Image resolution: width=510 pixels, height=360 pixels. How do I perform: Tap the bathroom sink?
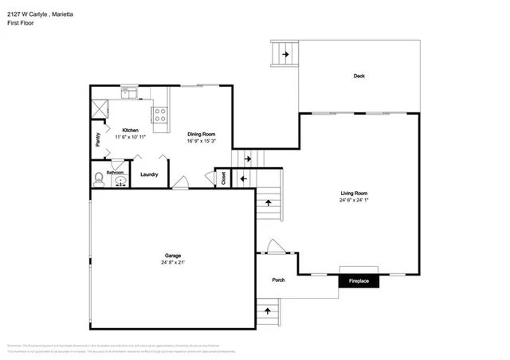click(120, 181)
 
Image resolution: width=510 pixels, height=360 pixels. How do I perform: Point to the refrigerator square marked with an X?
click(100, 108)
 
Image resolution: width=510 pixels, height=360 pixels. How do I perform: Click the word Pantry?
click(97, 140)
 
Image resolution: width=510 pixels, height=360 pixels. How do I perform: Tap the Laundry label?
click(149, 174)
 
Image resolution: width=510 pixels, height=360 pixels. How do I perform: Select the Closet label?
click(223, 178)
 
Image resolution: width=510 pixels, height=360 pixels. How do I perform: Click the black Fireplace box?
click(358, 281)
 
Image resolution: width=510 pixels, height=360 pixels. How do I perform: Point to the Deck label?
click(359, 76)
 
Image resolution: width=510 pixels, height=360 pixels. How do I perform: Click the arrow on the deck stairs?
click(284, 55)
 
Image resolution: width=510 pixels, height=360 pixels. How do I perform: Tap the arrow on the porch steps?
click(268, 311)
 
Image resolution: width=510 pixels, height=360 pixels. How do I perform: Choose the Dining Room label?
click(202, 134)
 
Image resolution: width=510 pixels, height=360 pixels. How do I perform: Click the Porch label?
click(278, 280)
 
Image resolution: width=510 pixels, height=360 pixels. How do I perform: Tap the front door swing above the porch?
click(273, 246)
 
